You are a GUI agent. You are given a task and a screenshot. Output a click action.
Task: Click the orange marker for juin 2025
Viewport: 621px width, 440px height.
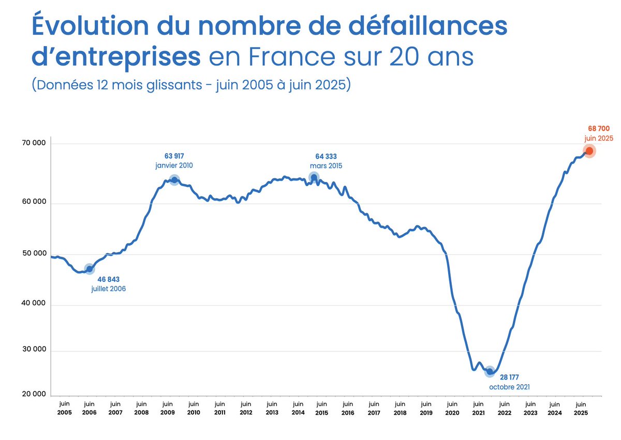point(589,150)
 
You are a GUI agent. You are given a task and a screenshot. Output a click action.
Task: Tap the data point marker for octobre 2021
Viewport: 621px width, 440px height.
point(490,371)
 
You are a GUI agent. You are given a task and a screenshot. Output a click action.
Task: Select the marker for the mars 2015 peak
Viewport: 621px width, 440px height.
point(314,177)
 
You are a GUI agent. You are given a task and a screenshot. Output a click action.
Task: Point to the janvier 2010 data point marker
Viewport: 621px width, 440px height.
point(174,179)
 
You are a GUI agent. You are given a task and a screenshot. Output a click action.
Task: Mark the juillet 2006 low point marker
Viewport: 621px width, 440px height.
point(90,269)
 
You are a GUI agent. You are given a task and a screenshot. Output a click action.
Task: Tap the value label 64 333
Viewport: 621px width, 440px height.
point(326,156)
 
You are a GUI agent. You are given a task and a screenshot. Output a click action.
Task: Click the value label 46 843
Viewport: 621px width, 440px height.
point(109,279)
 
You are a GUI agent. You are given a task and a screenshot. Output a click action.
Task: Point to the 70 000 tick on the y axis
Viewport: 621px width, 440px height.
point(33,143)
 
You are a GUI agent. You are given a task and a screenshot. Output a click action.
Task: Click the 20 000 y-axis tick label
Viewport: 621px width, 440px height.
point(33,395)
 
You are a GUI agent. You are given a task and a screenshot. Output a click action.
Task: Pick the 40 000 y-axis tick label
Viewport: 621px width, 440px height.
point(33,305)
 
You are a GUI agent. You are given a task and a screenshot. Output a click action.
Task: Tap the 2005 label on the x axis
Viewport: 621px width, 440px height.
point(64,413)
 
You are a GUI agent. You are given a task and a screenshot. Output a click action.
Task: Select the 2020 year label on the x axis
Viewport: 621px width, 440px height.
point(452,413)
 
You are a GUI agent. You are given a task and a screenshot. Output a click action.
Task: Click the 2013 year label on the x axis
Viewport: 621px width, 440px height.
point(272,413)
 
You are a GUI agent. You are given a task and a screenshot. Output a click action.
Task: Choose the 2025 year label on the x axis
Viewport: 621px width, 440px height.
point(581,413)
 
